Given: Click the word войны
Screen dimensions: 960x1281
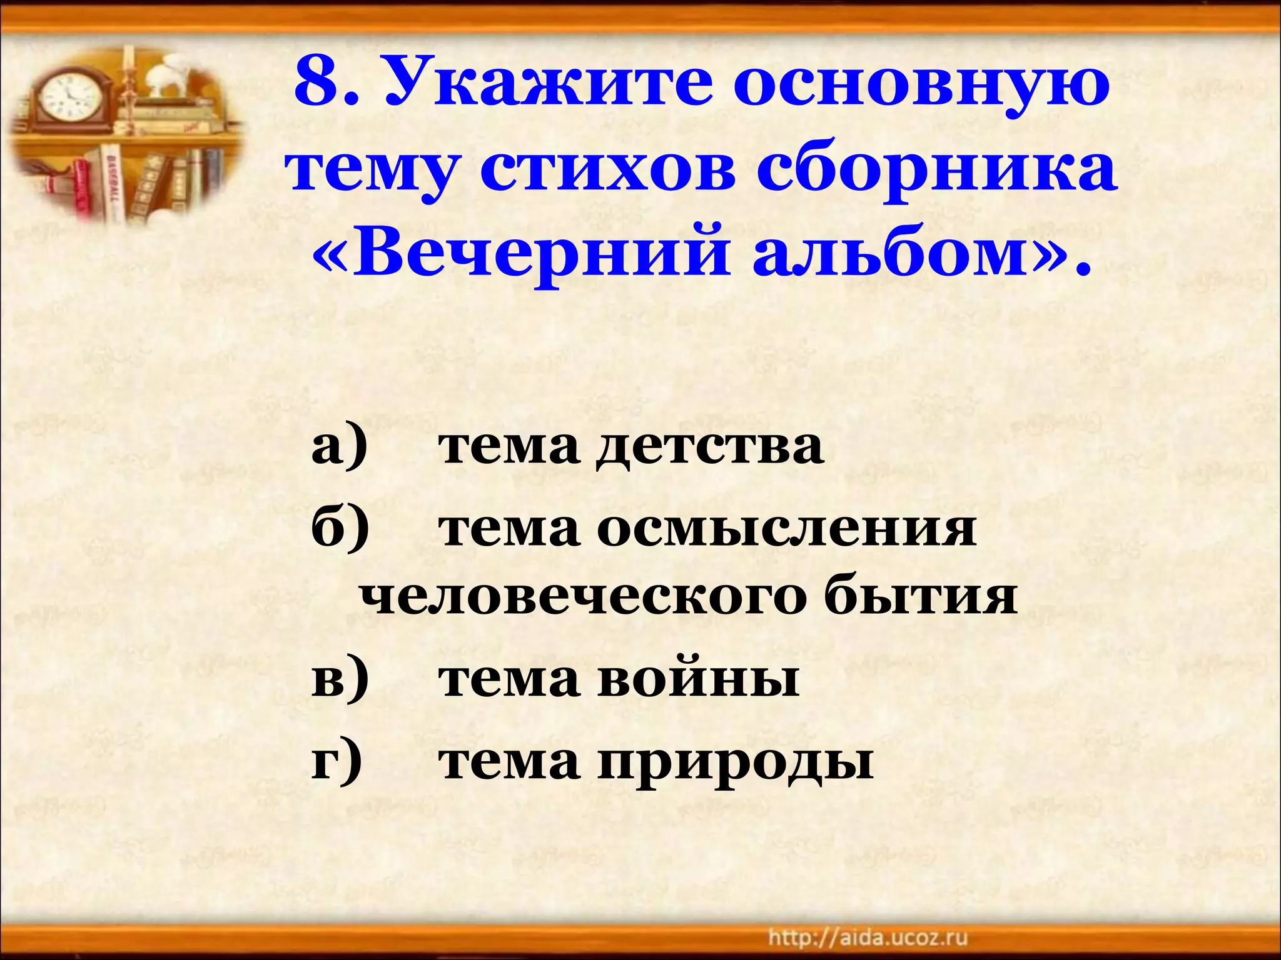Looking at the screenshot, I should coord(698,680).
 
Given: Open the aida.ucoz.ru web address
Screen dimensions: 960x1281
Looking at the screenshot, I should coord(868,938).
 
